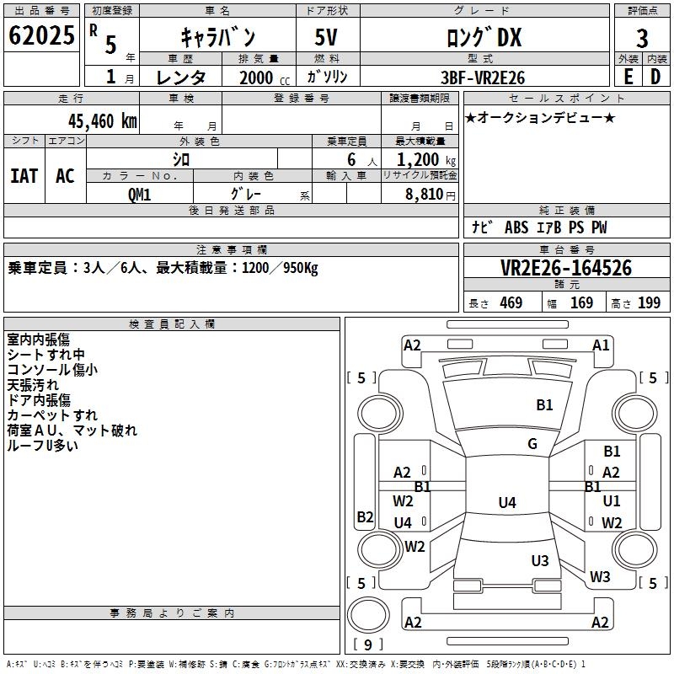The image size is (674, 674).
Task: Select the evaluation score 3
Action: pos(642,38)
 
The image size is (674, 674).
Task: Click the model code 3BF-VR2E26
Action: pos(484,78)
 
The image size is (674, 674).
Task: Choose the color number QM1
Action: pos(139,194)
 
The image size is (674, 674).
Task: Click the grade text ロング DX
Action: pos(484,37)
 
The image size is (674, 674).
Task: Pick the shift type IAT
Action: pos(24,175)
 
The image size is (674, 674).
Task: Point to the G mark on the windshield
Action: pos(532,444)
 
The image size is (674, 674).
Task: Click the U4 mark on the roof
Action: pos(506,503)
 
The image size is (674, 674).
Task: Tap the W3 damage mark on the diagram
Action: pos(600,577)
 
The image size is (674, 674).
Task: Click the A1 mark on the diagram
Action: pos(601,345)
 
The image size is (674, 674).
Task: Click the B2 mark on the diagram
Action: pos(365,516)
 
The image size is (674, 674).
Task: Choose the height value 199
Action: pos(650,303)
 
